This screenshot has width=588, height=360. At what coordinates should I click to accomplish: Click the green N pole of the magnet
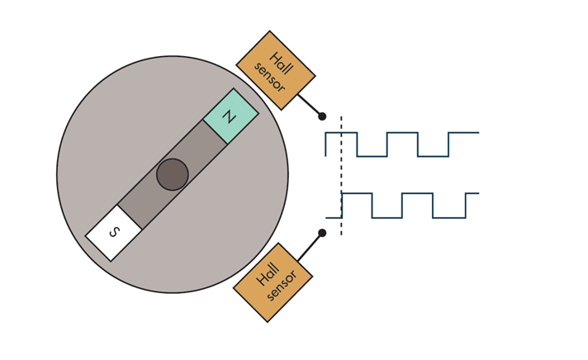[230, 116]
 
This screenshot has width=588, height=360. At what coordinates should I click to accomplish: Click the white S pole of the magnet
[114, 233]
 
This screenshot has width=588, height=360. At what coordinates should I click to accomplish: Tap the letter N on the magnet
[230, 116]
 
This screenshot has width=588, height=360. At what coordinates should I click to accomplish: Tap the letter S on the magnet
[114, 233]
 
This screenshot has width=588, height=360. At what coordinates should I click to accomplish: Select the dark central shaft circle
[173, 174]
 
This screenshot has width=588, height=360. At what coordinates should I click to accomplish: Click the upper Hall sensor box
[275, 70]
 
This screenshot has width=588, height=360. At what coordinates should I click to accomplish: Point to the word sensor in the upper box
[269, 77]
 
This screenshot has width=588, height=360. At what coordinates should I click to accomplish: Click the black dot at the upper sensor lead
[322, 116]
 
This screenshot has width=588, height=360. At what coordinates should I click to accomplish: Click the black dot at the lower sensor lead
[322, 233]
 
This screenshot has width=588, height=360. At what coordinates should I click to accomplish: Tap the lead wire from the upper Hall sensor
[309, 105]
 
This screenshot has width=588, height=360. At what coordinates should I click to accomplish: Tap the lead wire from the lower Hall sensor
[310, 246]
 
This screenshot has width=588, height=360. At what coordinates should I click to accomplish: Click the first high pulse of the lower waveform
[357, 194]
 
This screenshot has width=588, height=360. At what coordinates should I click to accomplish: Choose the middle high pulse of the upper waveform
[402, 133]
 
